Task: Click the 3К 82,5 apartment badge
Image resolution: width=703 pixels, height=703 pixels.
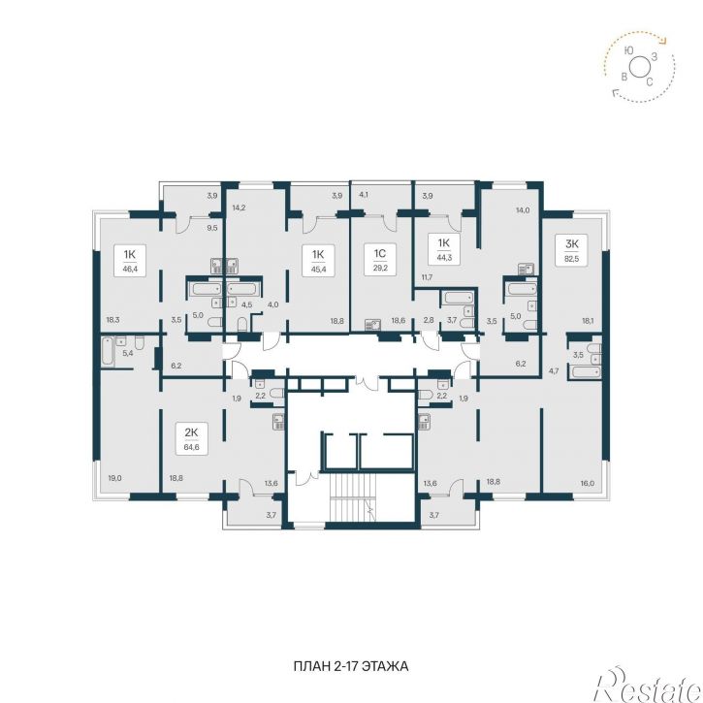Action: tap(572, 250)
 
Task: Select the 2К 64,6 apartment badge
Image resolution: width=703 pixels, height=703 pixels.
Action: tap(191, 439)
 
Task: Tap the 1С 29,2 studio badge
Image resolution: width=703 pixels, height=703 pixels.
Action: tap(380, 260)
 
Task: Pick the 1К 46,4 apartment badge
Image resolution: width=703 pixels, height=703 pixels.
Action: tap(130, 260)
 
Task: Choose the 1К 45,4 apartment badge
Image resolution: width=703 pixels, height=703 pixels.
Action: tap(318, 260)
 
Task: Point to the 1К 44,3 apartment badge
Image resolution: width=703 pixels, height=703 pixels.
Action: tap(443, 250)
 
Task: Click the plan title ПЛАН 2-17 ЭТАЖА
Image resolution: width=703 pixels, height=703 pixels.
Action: tap(351, 666)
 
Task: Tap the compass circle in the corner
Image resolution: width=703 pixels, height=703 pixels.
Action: tap(638, 67)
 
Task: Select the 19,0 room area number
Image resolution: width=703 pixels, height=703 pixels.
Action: tap(114, 478)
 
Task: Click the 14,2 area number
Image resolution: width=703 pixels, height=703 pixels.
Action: tap(239, 208)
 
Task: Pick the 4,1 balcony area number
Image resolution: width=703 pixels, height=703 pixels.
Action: tap(364, 195)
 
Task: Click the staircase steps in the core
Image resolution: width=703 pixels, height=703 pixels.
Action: tap(351, 497)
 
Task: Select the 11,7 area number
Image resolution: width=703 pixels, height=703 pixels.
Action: tap(427, 277)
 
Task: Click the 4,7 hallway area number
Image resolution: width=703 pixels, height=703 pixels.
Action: tap(554, 370)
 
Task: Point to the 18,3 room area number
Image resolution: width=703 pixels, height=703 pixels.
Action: tap(113, 320)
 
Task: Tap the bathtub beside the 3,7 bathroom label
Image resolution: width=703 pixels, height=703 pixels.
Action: tap(458, 298)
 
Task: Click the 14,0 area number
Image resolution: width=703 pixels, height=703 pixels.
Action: tap(523, 209)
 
